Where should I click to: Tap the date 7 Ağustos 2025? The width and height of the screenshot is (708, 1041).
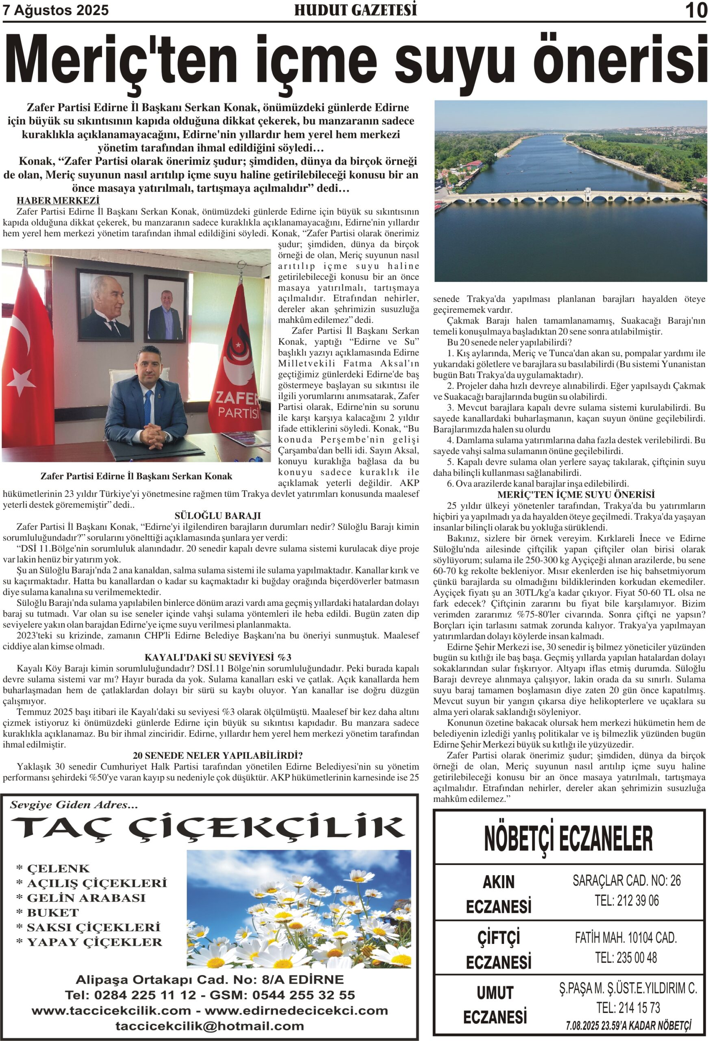point(56,10)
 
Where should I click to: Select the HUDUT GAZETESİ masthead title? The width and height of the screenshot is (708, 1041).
point(355,10)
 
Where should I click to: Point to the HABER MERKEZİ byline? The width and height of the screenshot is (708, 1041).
point(58,200)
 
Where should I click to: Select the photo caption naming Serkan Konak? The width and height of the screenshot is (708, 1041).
point(136,476)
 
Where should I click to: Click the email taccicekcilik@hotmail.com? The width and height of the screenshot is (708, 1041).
point(210,1026)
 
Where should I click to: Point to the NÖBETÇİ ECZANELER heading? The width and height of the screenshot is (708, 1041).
point(568,839)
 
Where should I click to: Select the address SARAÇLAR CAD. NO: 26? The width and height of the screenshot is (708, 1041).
point(626,881)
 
